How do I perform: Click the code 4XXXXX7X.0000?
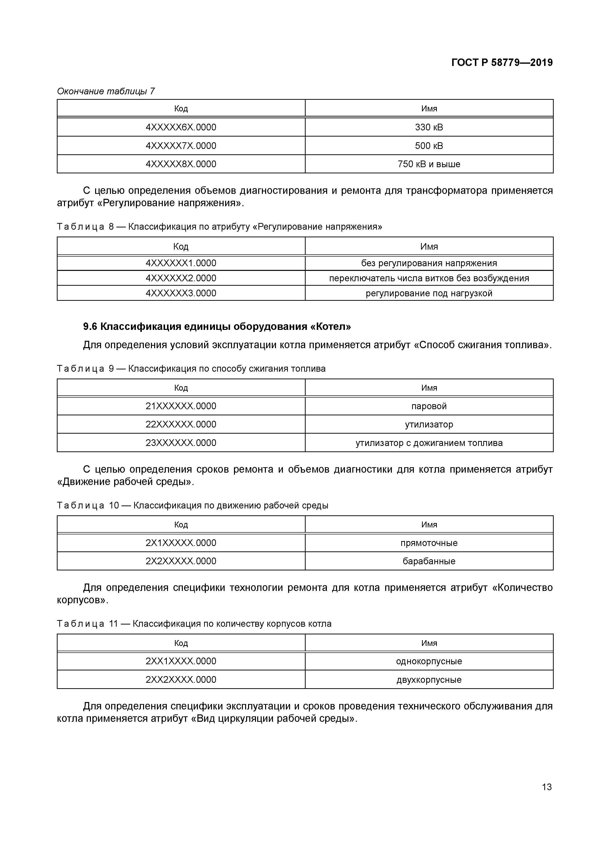(x=181, y=146)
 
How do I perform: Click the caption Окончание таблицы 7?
(x=106, y=91)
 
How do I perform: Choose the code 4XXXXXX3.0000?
(x=181, y=293)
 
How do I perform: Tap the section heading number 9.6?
(x=90, y=327)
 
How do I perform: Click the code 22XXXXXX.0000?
(x=181, y=424)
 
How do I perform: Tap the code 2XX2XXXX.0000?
(x=181, y=680)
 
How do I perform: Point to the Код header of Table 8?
(x=181, y=246)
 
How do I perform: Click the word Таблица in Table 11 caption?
(x=80, y=624)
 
